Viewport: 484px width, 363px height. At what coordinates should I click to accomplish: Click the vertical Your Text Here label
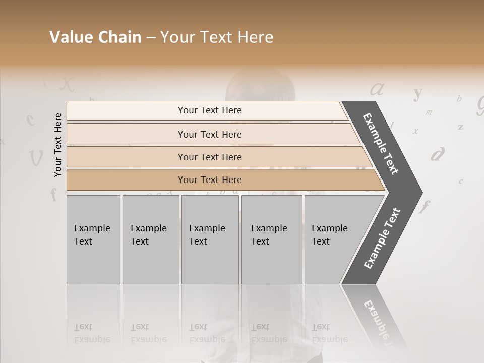coord(58,145)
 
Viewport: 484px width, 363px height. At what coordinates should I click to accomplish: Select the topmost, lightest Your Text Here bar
coord(210,110)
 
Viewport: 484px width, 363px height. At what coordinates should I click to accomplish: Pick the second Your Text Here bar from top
coord(210,134)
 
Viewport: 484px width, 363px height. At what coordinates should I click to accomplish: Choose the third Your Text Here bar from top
coord(210,157)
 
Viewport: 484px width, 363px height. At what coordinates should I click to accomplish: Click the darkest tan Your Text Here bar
coord(210,180)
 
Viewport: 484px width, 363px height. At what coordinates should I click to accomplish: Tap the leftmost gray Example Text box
coord(93,239)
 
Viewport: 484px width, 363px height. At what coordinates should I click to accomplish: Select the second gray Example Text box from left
coord(150,239)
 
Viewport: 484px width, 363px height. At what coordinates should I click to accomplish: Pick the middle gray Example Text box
coord(210,239)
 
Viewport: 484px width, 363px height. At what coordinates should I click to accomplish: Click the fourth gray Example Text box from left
coord(271,239)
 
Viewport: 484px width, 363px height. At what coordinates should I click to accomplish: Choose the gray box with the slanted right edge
coord(333,239)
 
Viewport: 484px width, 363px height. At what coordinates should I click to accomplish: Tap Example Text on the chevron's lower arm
coord(382,238)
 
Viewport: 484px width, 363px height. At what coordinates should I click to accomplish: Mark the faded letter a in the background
coord(377,89)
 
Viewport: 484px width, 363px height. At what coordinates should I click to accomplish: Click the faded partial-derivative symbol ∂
coord(438,154)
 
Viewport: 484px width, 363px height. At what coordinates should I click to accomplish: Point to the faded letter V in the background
coord(36,158)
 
